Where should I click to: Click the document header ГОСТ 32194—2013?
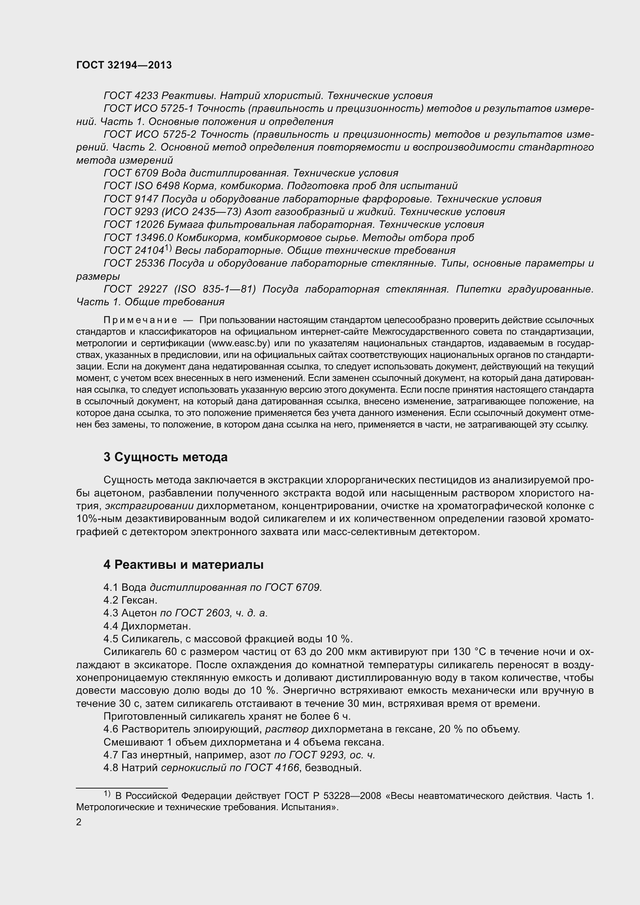tap(124, 65)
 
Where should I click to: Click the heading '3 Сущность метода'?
tap(166, 457)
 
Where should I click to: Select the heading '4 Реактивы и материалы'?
tap(183, 565)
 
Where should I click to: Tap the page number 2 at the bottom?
tap(79, 822)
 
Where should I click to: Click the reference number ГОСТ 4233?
tap(131, 96)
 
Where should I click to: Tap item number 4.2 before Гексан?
tap(111, 600)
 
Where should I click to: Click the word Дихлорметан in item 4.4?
tap(156, 626)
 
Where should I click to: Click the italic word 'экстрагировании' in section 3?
tap(149, 506)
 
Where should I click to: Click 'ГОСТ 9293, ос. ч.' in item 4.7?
tap(324, 755)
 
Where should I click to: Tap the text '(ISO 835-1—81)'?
tap(215, 289)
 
